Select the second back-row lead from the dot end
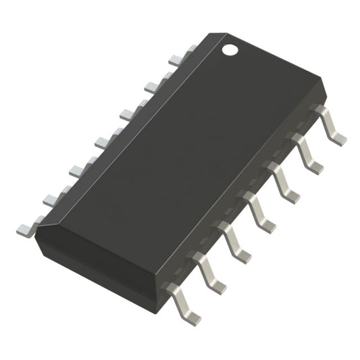point(154,84)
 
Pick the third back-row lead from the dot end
point(128,112)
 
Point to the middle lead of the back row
point(103,140)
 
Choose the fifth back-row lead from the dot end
point(78,168)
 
